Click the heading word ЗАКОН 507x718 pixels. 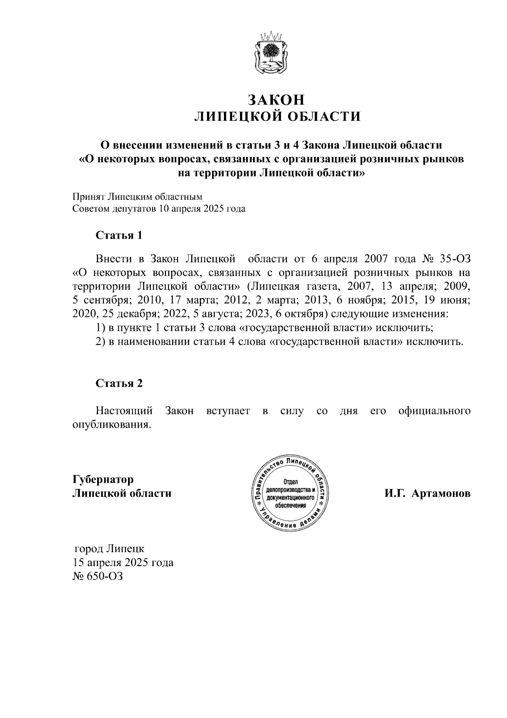tap(276, 99)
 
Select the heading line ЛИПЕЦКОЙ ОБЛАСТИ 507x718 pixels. tap(277, 116)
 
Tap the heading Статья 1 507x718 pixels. tap(119, 235)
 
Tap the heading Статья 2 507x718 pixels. tap(119, 383)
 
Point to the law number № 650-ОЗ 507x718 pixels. tap(98, 576)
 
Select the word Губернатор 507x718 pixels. tap(103, 479)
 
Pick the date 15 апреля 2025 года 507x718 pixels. tap(123, 563)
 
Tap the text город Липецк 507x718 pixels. tap(109, 549)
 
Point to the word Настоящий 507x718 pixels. tap(124, 411)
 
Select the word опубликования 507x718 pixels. tap(112, 425)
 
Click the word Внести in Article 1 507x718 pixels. tap(111, 259)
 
